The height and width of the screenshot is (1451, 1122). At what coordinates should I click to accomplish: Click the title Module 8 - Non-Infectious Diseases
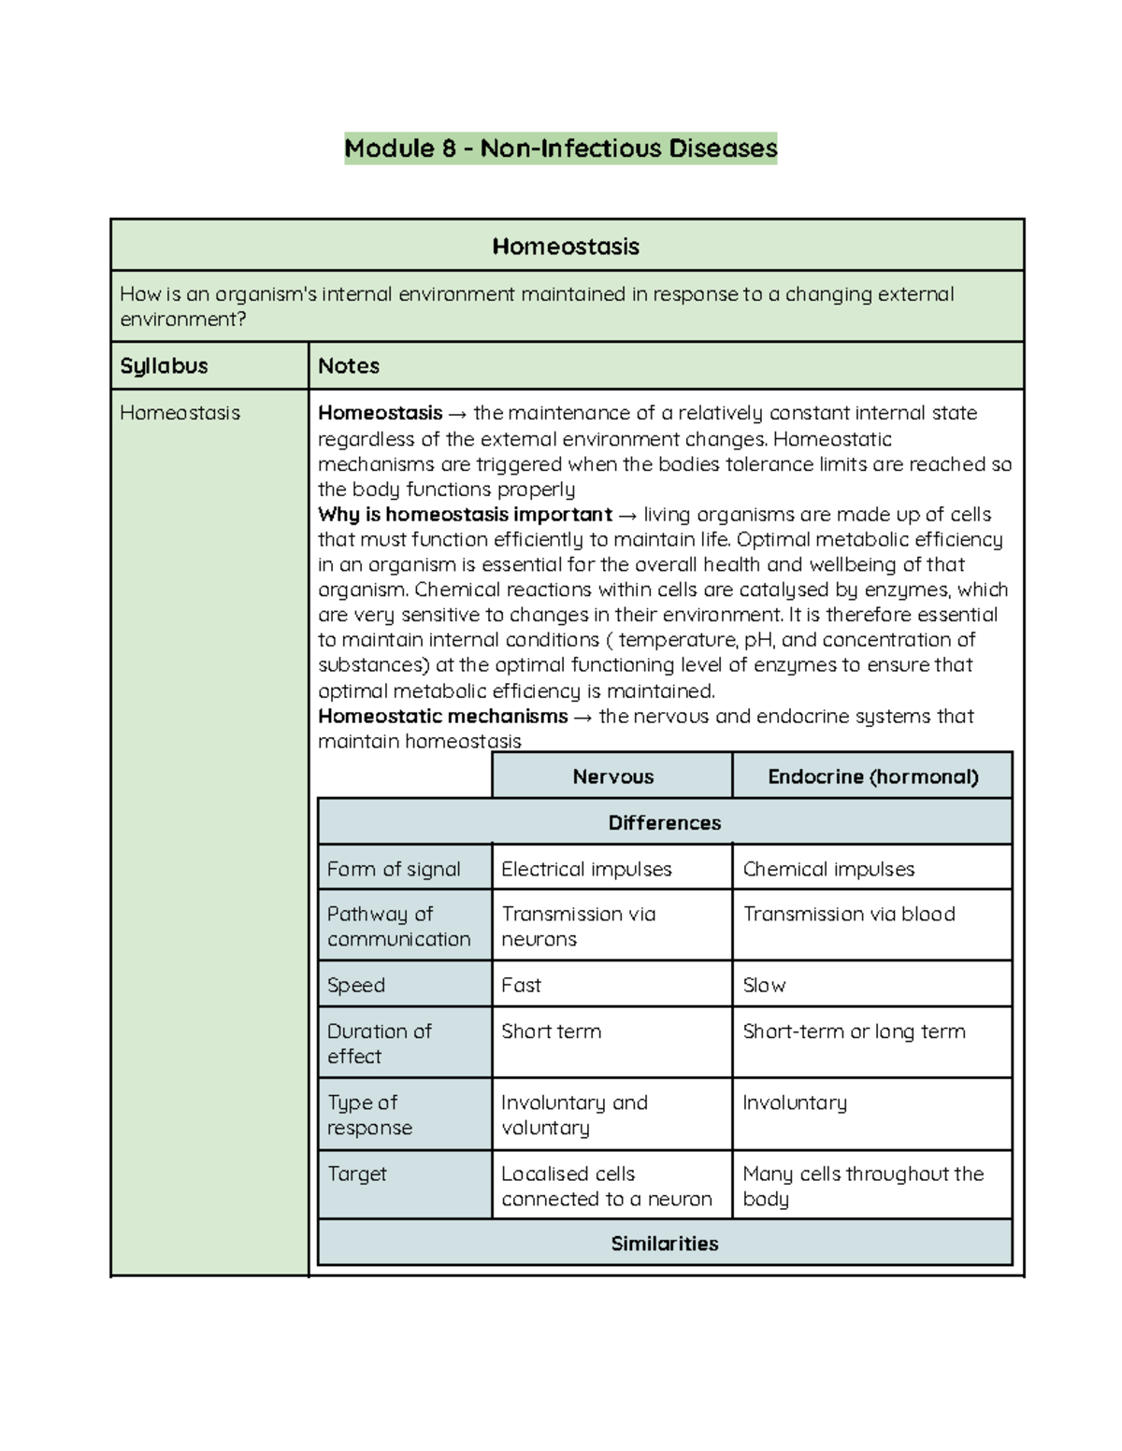pos(560,149)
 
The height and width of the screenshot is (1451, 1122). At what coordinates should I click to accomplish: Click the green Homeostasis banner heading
pos(566,247)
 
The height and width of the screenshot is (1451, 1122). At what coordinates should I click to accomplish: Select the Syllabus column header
pos(164,366)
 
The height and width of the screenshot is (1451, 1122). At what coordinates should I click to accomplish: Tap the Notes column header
pos(349,366)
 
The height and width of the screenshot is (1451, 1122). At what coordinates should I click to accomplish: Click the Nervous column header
pos(612,776)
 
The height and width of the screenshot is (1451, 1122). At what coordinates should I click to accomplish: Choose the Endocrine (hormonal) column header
pos(872,776)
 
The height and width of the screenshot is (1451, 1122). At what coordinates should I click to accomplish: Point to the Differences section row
pos(664,822)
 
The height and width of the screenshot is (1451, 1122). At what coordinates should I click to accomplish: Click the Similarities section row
pos(664,1244)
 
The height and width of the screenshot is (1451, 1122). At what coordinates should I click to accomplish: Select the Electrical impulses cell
pos(586,869)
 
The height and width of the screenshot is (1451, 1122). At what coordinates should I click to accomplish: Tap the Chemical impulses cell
pos(828,869)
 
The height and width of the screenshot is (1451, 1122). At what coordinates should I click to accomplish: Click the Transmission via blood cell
pos(849,914)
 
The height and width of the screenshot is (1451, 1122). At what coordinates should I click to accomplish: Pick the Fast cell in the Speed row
pos(521,985)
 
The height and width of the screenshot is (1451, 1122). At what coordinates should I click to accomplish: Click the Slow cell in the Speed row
pos(764,985)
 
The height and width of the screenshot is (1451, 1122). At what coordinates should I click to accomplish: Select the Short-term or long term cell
pos(854,1031)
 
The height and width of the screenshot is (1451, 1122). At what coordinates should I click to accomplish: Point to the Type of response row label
pos(369,1115)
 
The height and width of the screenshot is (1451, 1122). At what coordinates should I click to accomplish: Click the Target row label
pos(356,1174)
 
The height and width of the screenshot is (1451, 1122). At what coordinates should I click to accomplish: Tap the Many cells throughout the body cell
pos(862,1186)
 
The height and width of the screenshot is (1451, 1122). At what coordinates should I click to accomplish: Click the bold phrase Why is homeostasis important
pos(465,515)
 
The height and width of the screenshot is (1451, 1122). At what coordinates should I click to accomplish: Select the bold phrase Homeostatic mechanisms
pos(442,717)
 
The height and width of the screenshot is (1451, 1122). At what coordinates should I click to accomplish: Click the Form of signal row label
pos(394,869)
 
